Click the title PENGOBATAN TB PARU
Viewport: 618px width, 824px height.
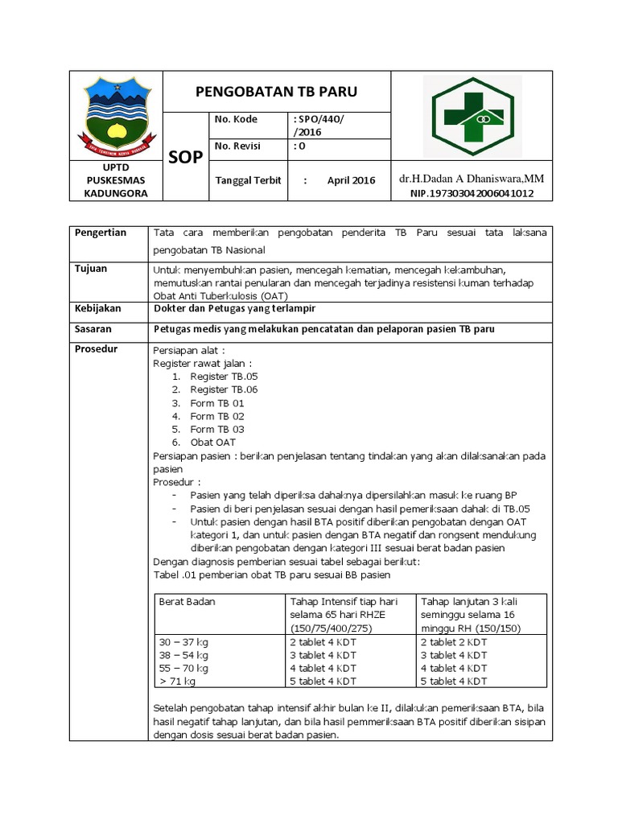point(276,92)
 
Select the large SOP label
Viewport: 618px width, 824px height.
point(186,158)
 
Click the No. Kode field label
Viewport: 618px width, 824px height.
point(236,120)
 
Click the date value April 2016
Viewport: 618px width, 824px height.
point(351,180)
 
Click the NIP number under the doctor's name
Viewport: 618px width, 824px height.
point(472,194)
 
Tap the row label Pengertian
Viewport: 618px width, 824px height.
point(101,233)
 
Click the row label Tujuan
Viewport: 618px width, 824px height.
point(91,269)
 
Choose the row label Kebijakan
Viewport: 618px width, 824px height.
point(98,309)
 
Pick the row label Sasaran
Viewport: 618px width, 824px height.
point(93,329)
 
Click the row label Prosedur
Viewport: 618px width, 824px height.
point(96,350)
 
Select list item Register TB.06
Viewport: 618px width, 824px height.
point(224,389)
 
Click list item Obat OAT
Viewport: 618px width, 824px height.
point(213,443)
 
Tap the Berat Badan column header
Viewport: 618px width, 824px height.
point(187,601)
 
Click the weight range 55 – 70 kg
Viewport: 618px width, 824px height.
point(184,668)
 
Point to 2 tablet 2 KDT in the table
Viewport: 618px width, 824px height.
point(453,642)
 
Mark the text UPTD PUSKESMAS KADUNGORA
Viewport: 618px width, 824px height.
point(116,179)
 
